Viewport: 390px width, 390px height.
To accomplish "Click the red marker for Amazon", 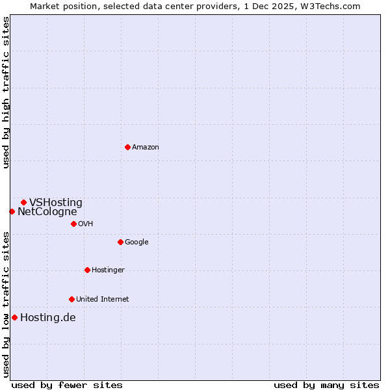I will pyautogui.click(x=127, y=147).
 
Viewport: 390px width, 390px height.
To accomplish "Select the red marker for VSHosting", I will pyautogui.click(x=23, y=202).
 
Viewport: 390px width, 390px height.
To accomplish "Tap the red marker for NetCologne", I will pyautogui.click(x=12, y=211).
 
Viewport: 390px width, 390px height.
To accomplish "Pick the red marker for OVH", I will pyautogui.click(x=73, y=224).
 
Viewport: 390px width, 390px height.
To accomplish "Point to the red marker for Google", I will pyautogui.click(x=120, y=242).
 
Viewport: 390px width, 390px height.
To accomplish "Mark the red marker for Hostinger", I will pyautogui.click(x=87, y=270).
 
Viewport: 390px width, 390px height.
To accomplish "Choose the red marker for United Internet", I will pyautogui.click(x=71, y=299).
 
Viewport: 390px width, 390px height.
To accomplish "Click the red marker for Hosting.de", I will pyautogui.click(x=14, y=317).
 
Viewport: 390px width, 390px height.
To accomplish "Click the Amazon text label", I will pyautogui.click(x=146, y=147).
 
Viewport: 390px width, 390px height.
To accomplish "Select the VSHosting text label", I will pyautogui.click(x=56, y=202).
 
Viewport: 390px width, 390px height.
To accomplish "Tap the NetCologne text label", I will pyautogui.click(x=47, y=211).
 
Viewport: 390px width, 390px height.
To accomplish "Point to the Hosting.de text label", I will pyautogui.click(x=47, y=317).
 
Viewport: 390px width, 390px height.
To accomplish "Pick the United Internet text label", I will pyautogui.click(x=102, y=299).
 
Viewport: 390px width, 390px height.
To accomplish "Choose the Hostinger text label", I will pyautogui.click(x=108, y=270).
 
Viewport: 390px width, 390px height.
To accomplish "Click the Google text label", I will pyautogui.click(x=136, y=242).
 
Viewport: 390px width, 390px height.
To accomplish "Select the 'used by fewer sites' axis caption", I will pyautogui.click(x=67, y=385).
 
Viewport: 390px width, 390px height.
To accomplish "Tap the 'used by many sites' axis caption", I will pyautogui.click(x=326, y=385).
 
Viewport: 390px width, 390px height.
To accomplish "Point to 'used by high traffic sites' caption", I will pyautogui.click(x=6, y=92).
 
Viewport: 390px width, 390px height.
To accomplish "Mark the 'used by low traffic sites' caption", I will pyautogui.click(x=6, y=304).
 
